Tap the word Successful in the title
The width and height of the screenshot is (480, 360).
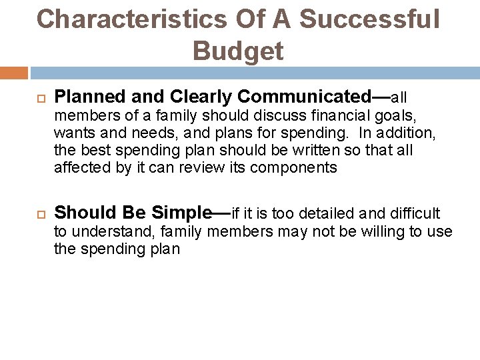pos(369,19)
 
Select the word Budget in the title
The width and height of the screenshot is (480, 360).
pos(238,50)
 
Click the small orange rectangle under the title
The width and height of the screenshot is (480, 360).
pos(14,73)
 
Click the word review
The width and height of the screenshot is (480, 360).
pos(201,168)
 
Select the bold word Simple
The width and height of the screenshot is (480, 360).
pos(181,213)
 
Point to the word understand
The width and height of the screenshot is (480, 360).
pos(102,232)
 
